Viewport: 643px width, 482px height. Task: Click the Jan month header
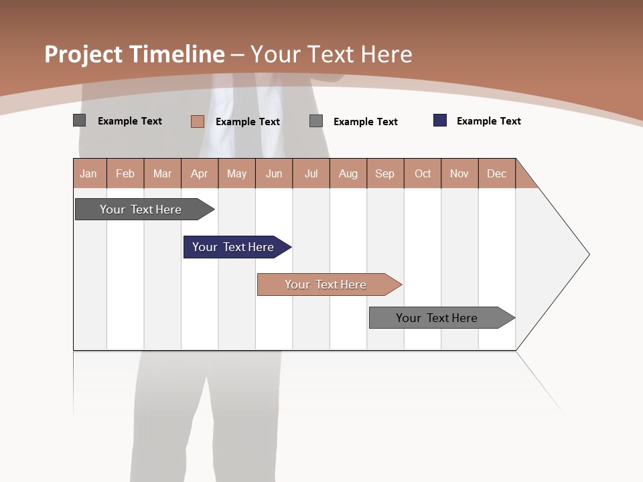pos(89,173)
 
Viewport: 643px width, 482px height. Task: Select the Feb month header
pos(125,173)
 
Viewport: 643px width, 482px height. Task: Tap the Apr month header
pos(200,173)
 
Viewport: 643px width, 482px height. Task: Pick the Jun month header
pos(274,173)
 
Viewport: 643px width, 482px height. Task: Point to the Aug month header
pos(348,173)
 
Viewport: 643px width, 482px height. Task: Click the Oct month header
pos(423,173)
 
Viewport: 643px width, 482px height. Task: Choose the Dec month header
pos(497,173)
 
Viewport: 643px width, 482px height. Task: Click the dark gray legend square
pos(80,120)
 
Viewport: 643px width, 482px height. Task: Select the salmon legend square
pos(198,121)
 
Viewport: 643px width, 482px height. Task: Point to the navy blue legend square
pos(440,120)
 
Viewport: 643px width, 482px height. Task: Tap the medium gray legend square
pos(316,121)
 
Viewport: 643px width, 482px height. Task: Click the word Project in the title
pos(82,54)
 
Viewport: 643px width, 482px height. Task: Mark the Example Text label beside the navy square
pos(488,121)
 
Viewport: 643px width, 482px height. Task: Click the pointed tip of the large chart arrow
pos(587,254)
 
